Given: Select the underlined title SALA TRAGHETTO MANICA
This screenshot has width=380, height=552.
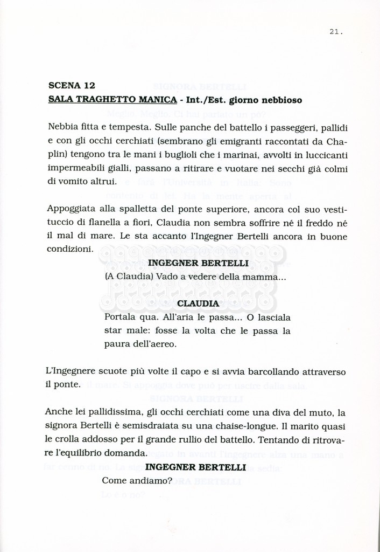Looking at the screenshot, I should click(x=112, y=100).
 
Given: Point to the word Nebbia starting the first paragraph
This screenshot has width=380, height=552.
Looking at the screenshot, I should click(x=62, y=128).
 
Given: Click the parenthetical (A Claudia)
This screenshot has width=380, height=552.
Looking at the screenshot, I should click(x=129, y=277).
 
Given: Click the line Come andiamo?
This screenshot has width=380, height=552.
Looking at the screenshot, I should click(x=137, y=480).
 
